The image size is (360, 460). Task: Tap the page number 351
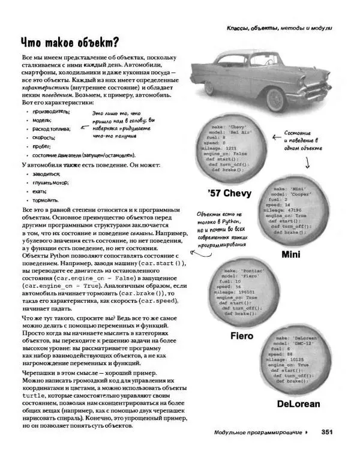[327, 432]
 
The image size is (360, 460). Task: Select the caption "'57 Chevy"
[229, 193]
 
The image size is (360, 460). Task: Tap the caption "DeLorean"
[299, 404]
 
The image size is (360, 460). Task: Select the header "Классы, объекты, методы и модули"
[279, 28]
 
